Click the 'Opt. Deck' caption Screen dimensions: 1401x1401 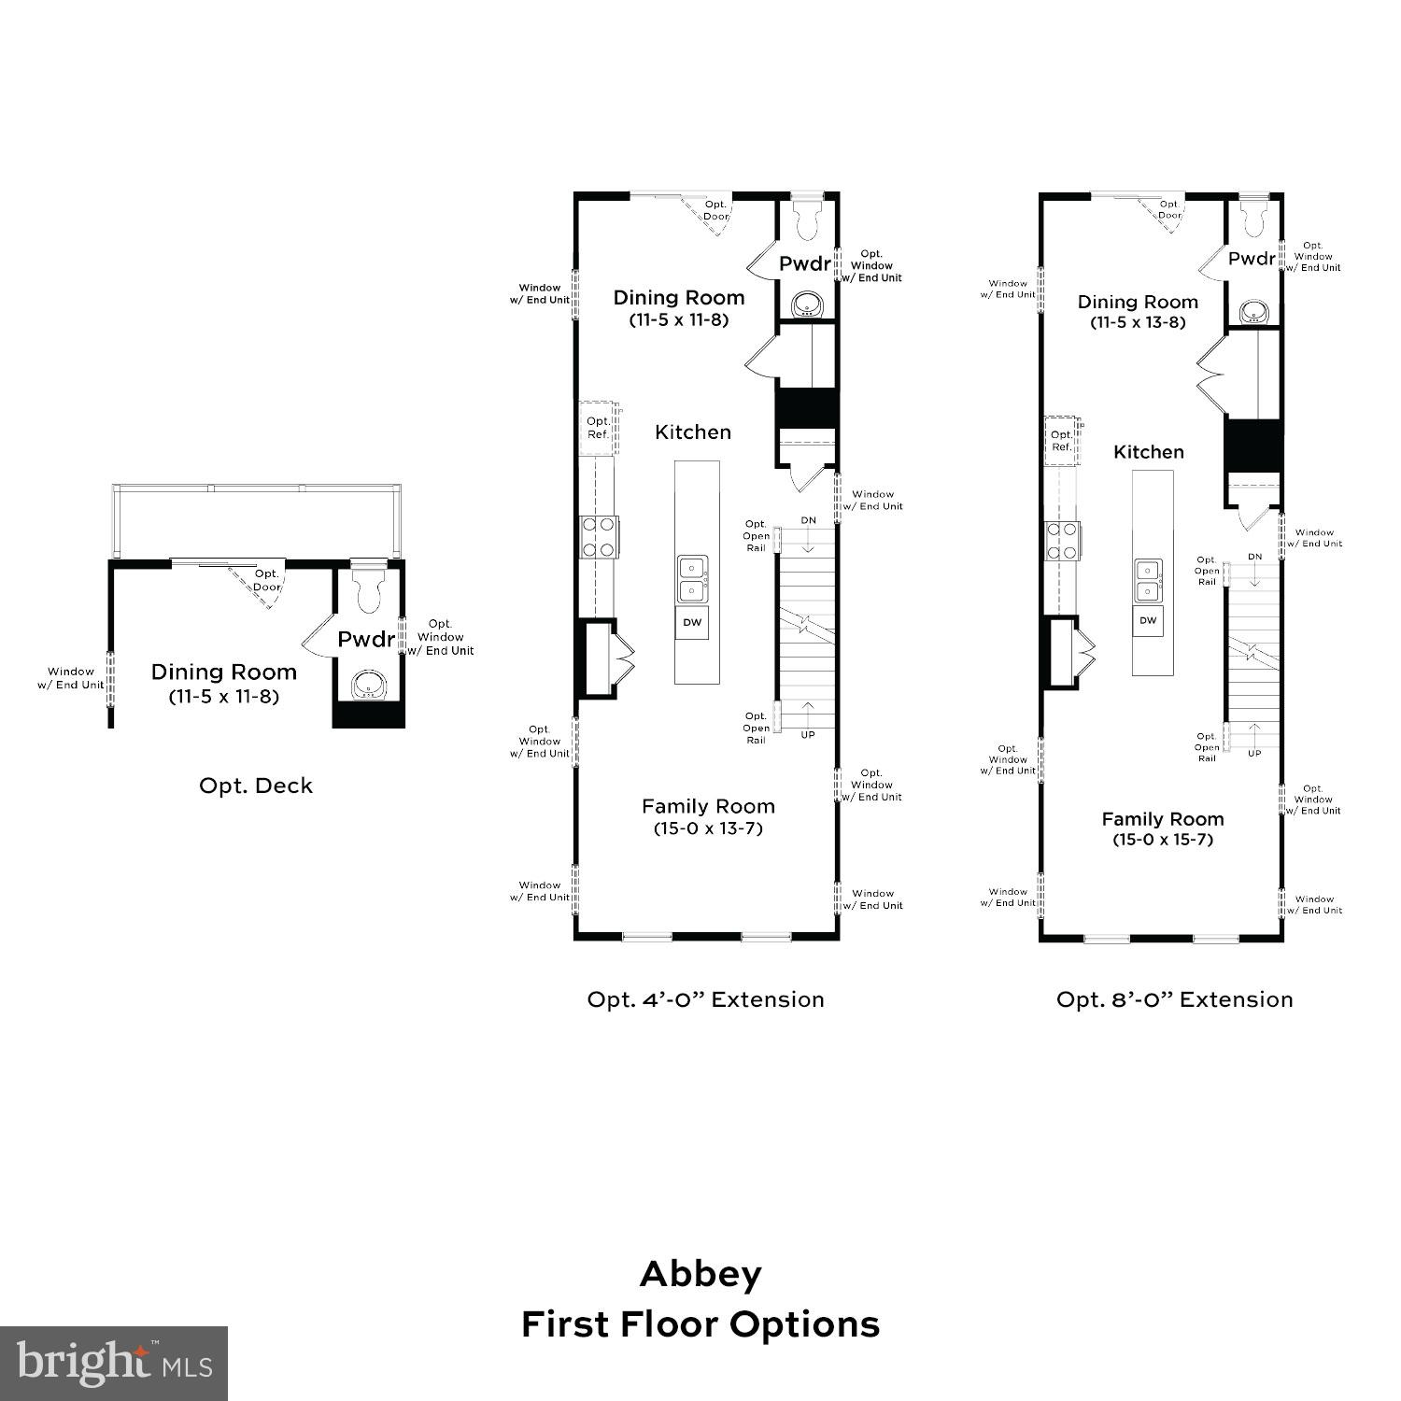(x=256, y=785)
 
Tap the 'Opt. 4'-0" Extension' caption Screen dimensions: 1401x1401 (x=705, y=999)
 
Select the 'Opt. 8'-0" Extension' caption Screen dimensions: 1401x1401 (x=1174, y=999)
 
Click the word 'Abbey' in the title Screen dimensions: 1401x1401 (x=700, y=1274)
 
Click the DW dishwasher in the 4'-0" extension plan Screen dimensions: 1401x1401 (x=692, y=622)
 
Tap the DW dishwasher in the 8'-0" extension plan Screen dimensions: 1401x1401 (x=1148, y=620)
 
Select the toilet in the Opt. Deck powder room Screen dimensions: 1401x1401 (x=370, y=587)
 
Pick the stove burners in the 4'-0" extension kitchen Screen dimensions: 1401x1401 (x=599, y=537)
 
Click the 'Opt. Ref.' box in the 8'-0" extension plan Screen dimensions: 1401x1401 (x=1061, y=440)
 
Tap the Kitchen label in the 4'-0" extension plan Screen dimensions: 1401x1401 (x=693, y=432)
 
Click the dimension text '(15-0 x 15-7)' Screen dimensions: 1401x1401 (x=1162, y=840)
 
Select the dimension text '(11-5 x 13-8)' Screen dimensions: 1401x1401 (x=1138, y=322)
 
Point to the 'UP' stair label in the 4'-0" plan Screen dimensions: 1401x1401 (x=807, y=735)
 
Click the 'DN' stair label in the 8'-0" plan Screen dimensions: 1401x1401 (x=1254, y=557)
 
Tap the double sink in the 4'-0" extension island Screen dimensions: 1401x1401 (x=692, y=579)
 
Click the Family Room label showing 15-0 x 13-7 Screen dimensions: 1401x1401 (x=708, y=807)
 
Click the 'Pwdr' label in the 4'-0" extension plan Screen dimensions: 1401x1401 (x=804, y=264)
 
